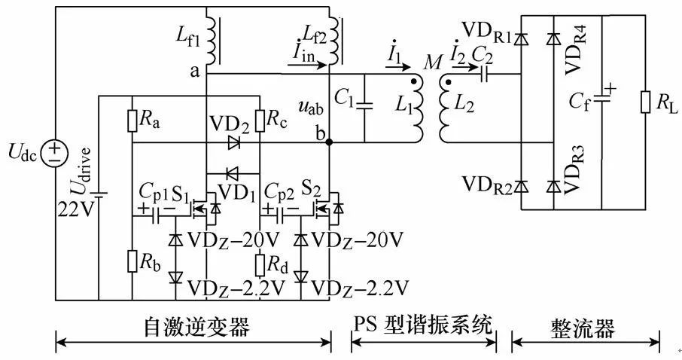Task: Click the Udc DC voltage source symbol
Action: click(56, 154)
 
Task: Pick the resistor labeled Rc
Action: click(259, 121)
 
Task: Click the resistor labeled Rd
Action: click(259, 266)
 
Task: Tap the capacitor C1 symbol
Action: click(365, 106)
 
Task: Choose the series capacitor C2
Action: click(488, 75)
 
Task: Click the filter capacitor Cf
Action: click(601, 97)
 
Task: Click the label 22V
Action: click(75, 209)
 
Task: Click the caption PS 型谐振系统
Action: click(423, 326)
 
